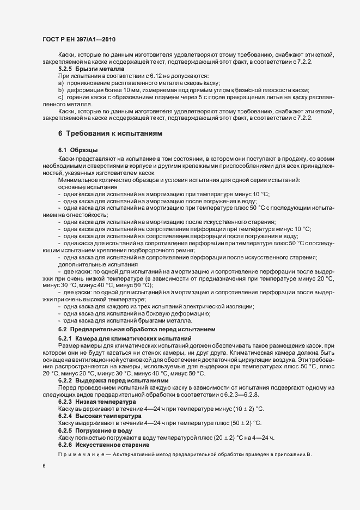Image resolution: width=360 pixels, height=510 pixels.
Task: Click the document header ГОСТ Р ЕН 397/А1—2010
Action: click(x=78, y=40)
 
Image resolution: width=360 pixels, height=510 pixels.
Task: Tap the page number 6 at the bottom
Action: click(x=44, y=466)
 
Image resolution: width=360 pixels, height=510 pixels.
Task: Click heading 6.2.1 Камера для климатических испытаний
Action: click(x=125, y=339)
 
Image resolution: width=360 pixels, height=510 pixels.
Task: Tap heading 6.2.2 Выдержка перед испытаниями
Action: click(x=113, y=381)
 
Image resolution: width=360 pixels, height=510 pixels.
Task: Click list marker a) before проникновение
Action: click(x=61, y=82)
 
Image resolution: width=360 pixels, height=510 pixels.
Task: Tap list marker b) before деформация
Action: click(x=61, y=89)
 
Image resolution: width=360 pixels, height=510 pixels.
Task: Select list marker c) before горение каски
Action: click(x=61, y=96)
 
